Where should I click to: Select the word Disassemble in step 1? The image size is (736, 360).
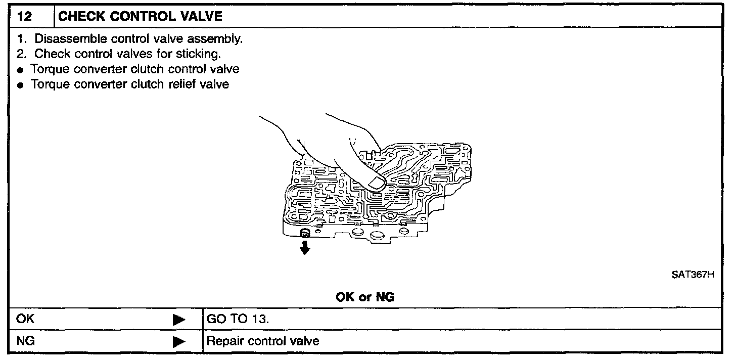65,39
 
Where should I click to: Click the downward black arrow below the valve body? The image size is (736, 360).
304,248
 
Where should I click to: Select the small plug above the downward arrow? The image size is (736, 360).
304,233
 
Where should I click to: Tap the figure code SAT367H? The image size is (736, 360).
693,276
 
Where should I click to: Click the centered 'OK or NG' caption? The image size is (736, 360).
365,297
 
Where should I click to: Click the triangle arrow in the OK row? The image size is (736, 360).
178,320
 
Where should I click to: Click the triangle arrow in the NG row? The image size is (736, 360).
178,342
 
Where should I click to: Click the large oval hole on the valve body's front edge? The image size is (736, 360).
379,237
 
